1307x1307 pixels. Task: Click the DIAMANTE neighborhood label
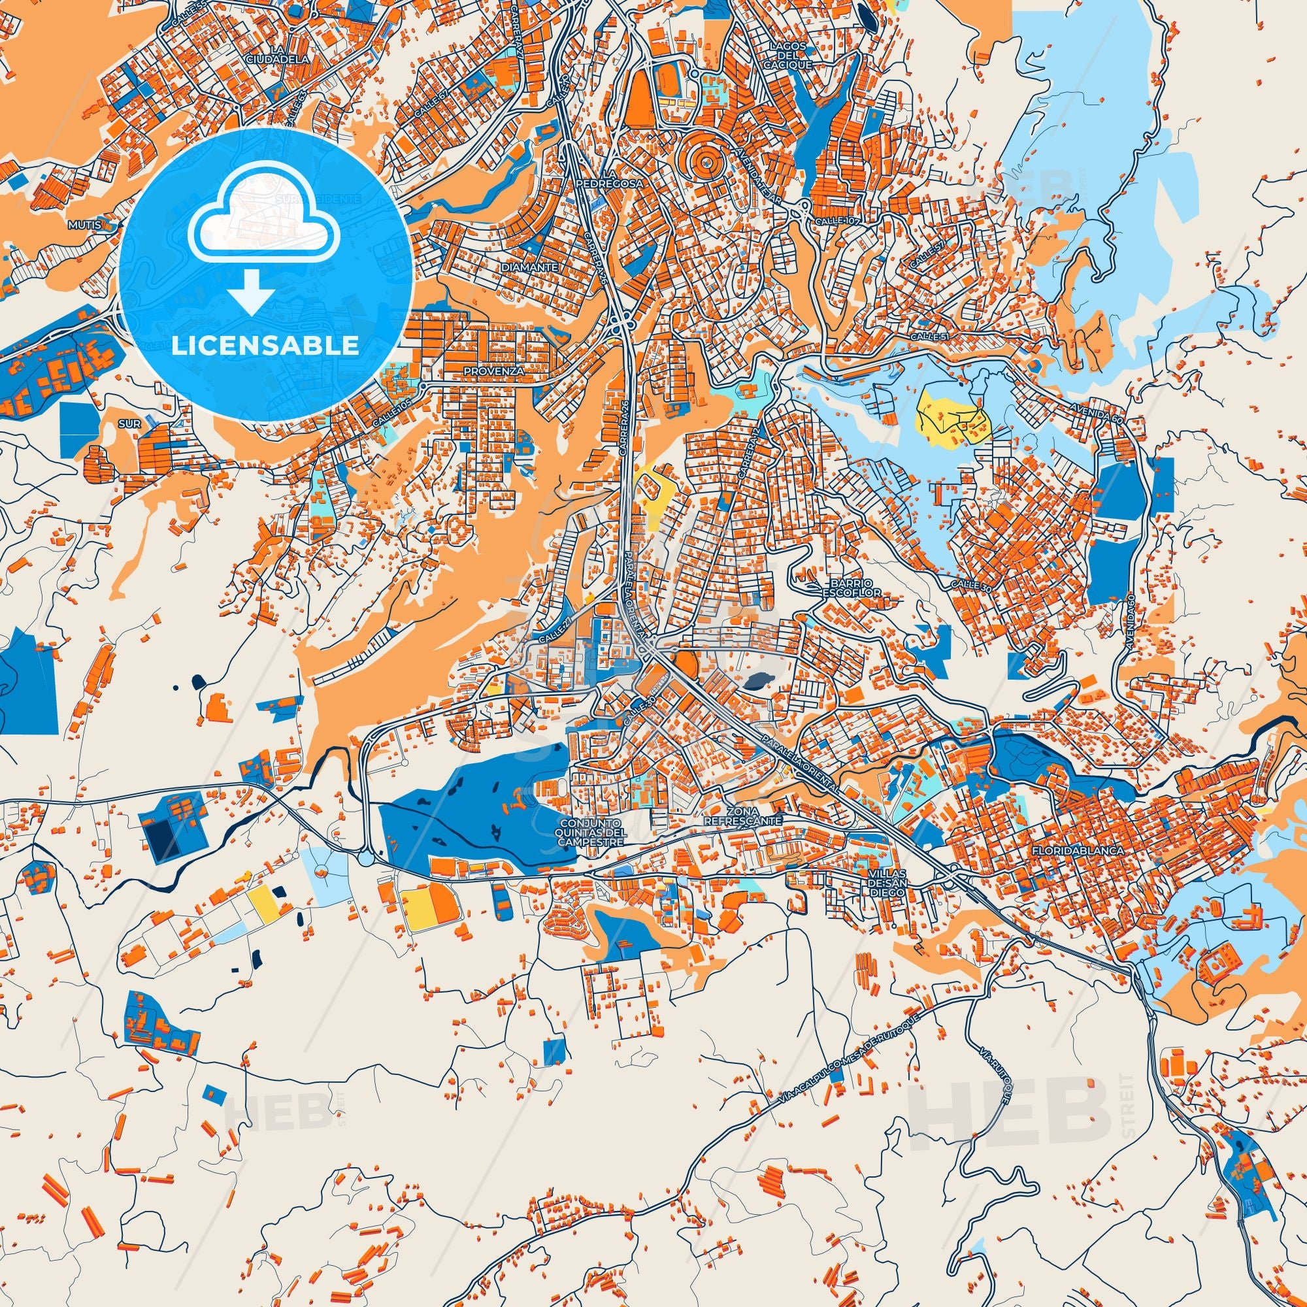pos(531,267)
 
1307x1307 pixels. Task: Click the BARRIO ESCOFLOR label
pos(845,587)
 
